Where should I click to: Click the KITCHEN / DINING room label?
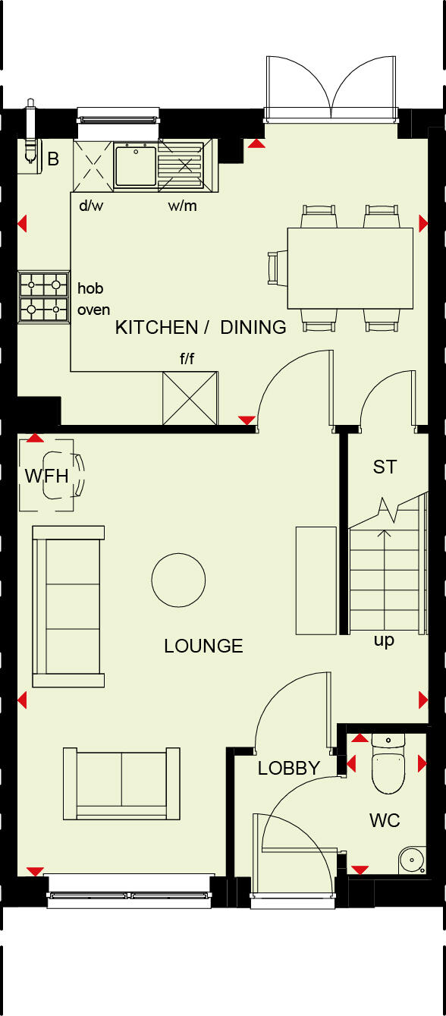(200, 328)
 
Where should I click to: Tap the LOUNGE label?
(203, 646)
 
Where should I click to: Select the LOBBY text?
(288, 768)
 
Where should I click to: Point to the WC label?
(385, 820)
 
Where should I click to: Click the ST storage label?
(385, 467)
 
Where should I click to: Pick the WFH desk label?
(46, 477)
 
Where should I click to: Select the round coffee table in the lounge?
(178, 580)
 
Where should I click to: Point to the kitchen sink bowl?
(135, 166)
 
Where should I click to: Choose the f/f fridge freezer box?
(190, 398)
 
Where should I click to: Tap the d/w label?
(91, 206)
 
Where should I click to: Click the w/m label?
(182, 206)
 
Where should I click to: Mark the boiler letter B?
(53, 159)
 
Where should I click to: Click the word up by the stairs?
(384, 640)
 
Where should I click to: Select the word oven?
(93, 310)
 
